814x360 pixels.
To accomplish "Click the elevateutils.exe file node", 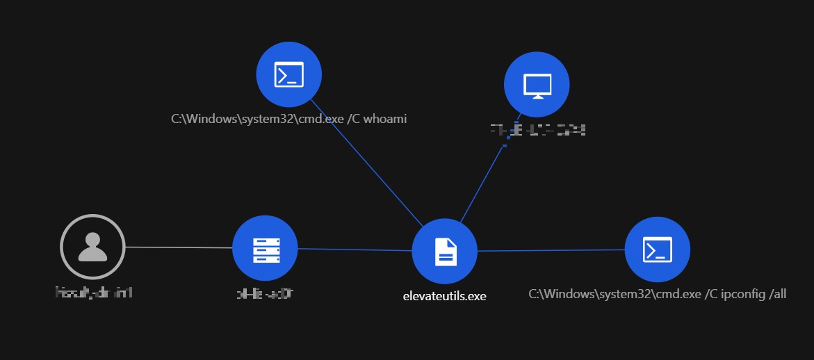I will pos(445,251).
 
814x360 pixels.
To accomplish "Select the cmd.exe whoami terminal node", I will pos(288,74).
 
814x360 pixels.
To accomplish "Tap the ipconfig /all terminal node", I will pos(657,249).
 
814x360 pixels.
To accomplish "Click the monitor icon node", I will pos(537,85).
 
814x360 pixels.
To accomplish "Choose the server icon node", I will pos(265,248).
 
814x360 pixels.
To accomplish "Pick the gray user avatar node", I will pos(92,247).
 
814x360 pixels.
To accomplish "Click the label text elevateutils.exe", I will pos(444,296).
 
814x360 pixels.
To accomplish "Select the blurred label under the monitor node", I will pos(537,129).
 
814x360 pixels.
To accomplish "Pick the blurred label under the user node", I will pos(93,293).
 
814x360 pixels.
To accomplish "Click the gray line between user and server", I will pos(179,247).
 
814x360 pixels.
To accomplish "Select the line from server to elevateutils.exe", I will pos(355,249).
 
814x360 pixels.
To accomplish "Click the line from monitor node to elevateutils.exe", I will pos(484,181).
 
